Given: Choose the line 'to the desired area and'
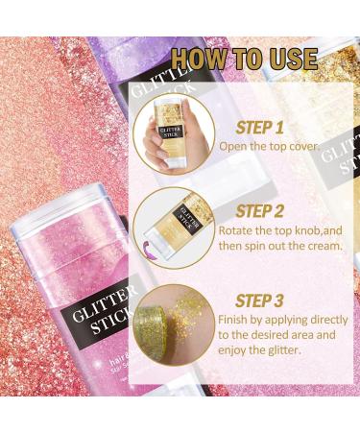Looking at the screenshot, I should pos(279,336).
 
